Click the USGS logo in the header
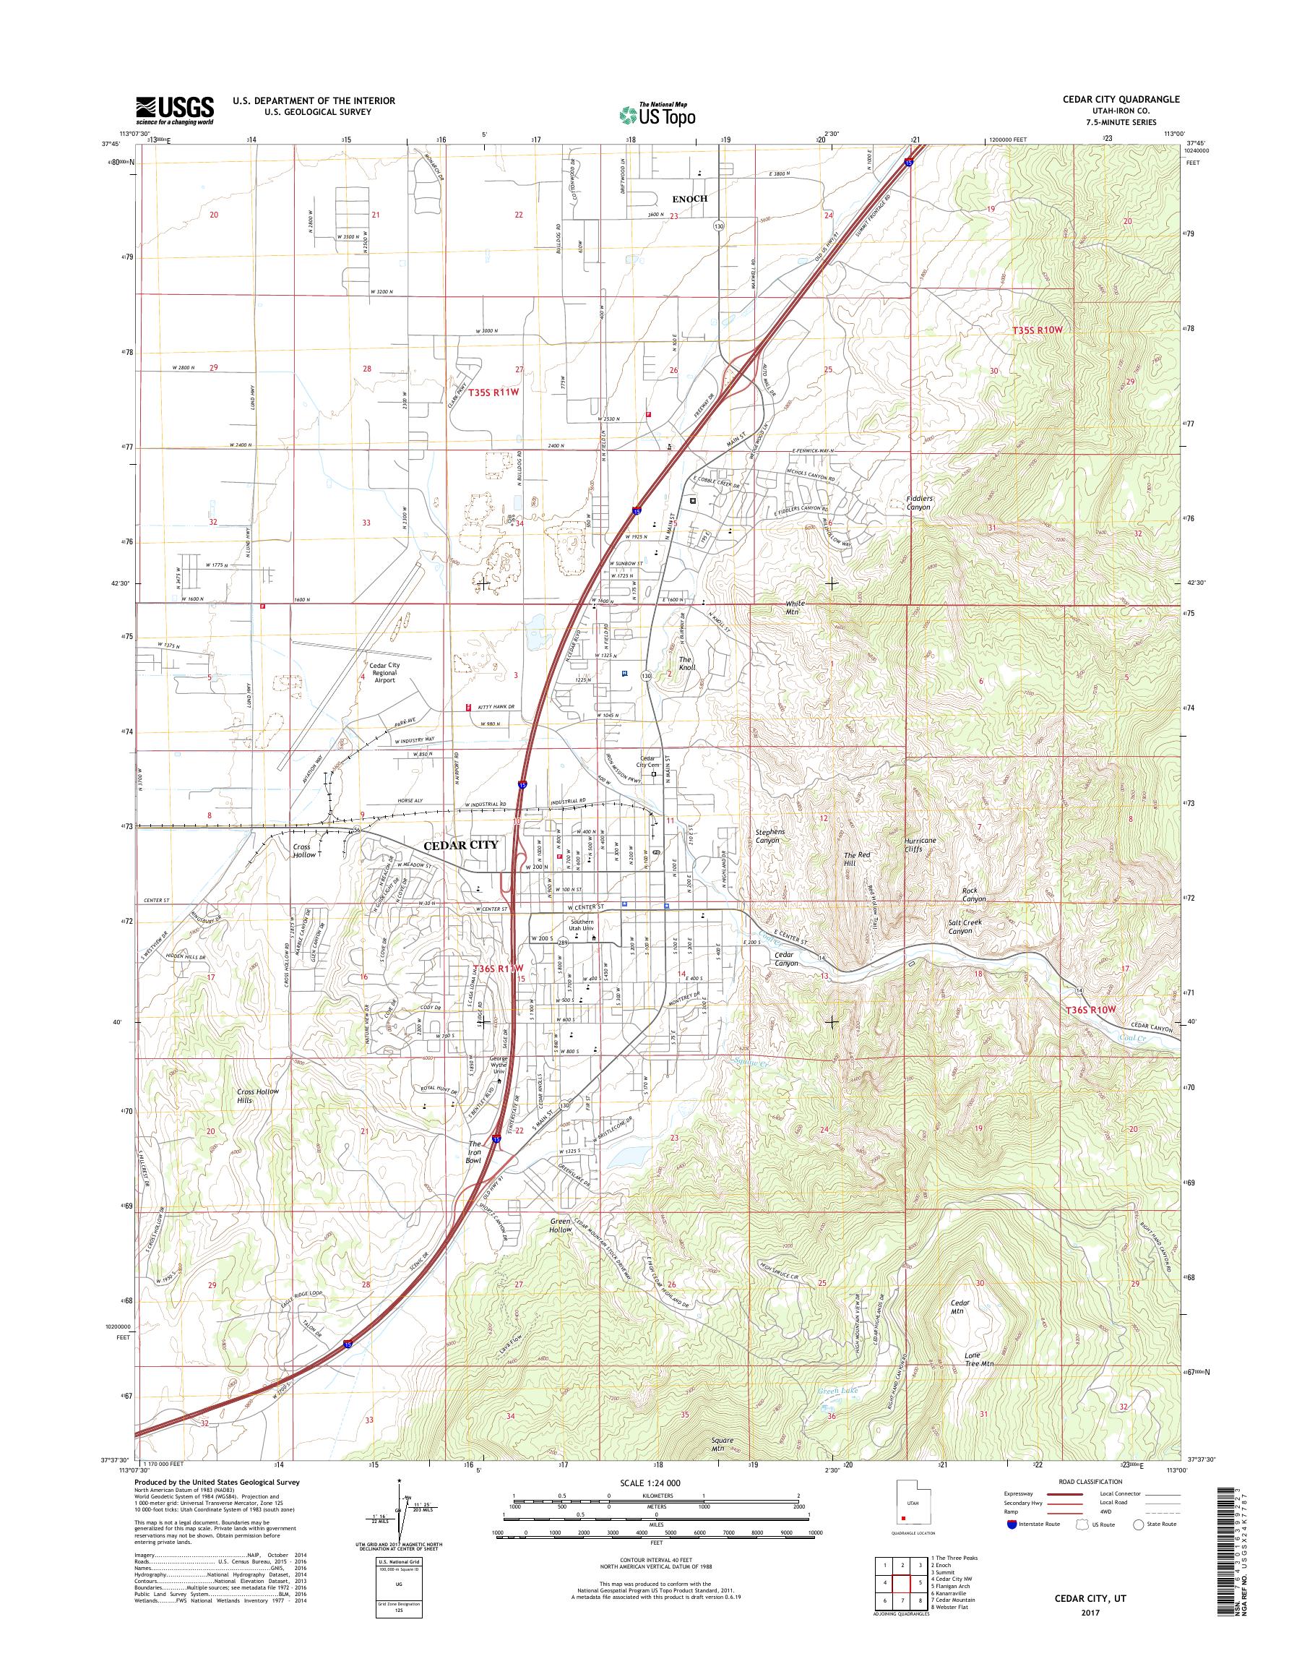tap(175, 110)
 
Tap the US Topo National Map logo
tap(657, 113)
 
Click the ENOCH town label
tap(689, 199)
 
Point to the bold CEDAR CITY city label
tap(461, 844)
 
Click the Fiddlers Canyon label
tap(918, 502)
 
